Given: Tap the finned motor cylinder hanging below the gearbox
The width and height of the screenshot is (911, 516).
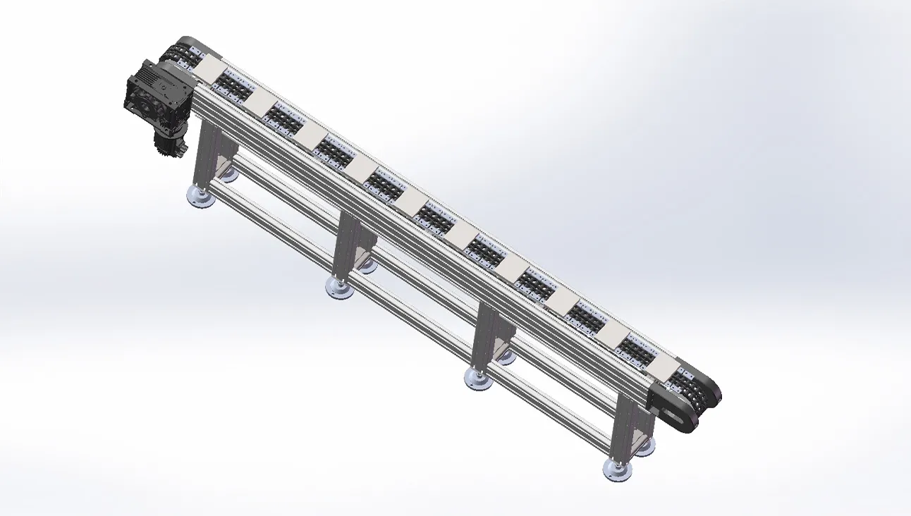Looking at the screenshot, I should (170, 145).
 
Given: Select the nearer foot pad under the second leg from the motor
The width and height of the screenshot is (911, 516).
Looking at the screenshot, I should (339, 286).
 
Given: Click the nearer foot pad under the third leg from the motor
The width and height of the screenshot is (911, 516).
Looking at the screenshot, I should (478, 377).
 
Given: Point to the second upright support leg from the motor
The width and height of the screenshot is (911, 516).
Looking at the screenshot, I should (345, 243).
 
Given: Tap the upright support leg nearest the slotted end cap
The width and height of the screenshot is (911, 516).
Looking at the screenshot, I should (625, 423).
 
